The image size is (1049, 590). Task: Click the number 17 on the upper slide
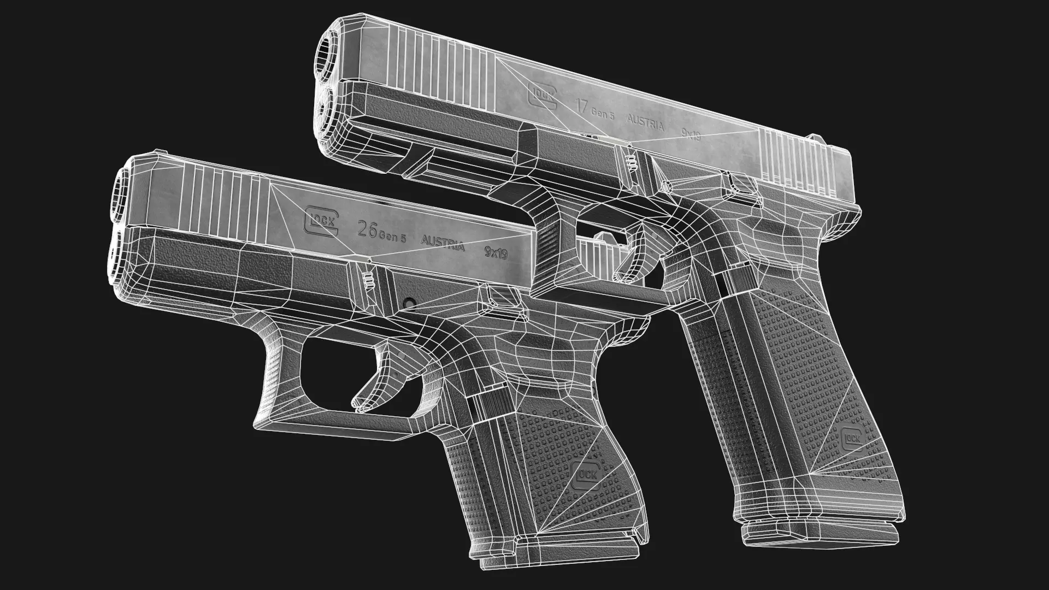coord(582,104)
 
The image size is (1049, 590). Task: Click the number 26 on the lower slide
coord(367,229)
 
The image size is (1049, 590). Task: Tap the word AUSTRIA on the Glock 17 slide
coord(645,122)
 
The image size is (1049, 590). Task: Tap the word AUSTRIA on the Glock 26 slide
coord(443,243)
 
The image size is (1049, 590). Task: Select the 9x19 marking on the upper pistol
coord(691,134)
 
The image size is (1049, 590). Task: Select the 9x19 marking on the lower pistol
coord(496,253)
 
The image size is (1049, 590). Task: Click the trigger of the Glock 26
coord(377,377)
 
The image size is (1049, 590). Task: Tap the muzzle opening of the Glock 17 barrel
coord(329,50)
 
